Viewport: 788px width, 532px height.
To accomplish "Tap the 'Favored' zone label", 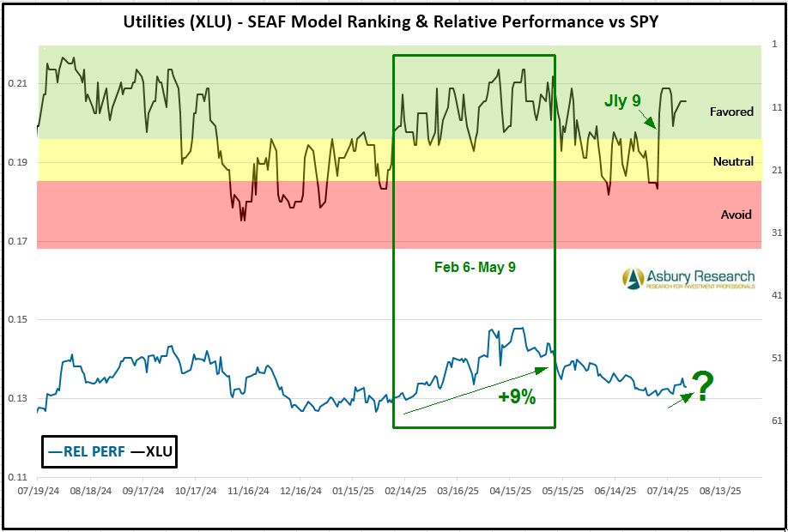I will pos(731,112).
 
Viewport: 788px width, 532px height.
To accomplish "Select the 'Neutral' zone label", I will pos(733,161).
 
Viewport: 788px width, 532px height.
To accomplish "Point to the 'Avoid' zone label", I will pos(736,215).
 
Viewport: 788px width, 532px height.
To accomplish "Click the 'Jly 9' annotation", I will pos(622,101).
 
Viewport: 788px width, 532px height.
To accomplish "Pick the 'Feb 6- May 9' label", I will pos(475,268).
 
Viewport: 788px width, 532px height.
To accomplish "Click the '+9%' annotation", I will pos(517,397).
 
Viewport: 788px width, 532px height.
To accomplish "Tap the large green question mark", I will pos(702,388).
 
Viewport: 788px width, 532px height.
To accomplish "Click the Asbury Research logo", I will pos(689,279).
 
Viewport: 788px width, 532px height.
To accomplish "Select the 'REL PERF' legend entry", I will pos(87,450).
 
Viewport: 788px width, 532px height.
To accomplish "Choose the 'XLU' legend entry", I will pos(151,450).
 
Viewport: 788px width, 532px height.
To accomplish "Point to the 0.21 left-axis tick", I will pos(18,83).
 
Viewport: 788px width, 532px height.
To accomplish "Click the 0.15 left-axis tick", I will pos(18,320).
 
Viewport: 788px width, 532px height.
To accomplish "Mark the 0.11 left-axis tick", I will pos(18,476).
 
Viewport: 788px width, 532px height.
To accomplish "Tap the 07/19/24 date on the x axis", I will pos(37,493).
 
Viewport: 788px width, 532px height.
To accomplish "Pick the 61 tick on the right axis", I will pos(773,420).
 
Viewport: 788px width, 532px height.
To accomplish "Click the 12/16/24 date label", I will pos(300,493).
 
